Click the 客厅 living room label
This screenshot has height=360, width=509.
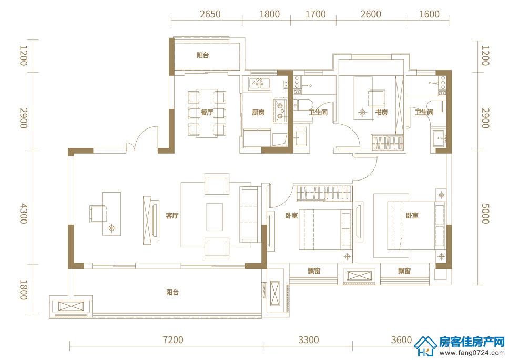[x=172, y=215]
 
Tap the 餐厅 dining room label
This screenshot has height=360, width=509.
[x=207, y=113]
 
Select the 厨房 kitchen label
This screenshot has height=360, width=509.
[x=258, y=113]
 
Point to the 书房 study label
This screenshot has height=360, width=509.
[x=381, y=113]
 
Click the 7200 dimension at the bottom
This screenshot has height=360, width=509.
[x=173, y=340]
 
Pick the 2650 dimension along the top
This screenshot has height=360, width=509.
[x=210, y=14]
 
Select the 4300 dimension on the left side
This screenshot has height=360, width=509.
[x=24, y=214]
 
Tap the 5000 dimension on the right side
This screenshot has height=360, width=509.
[x=485, y=214]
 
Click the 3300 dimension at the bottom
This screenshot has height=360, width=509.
[x=308, y=340]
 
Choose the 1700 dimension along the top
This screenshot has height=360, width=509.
[x=315, y=14]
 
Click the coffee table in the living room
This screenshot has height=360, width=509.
[x=215, y=217]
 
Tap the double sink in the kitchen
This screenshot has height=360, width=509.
[x=259, y=84]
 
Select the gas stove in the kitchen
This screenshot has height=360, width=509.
[x=280, y=111]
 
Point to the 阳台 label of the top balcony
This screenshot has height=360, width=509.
[x=202, y=56]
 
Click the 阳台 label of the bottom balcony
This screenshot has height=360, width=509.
[x=172, y=293]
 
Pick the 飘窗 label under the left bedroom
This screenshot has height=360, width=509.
[x=314, y=271]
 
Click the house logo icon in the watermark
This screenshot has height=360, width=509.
[x=425, y=346]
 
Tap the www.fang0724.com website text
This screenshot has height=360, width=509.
[x=472, y=353]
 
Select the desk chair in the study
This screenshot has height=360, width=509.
[x=376, y=98]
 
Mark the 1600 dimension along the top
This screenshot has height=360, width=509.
[x=429, y=14]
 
